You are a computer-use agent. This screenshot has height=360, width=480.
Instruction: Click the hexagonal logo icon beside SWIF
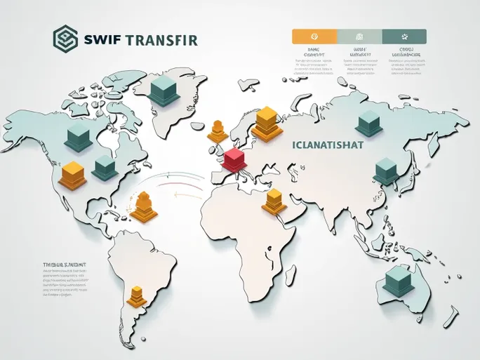[x=65, y=39]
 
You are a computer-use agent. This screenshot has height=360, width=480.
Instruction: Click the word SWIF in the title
[x=99, y=39]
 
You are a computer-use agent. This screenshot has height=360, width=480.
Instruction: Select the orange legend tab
[x=314, y=36]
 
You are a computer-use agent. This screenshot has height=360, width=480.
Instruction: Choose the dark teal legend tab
[x=404, y=36]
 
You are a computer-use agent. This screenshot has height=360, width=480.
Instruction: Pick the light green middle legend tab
[x=359, y=36]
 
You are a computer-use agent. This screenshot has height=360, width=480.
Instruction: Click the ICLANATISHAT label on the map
[x=324, y=146]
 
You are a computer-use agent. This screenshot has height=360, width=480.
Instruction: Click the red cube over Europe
[x=234, y=159]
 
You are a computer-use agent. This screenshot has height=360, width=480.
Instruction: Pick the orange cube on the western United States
[x=72, y=174]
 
